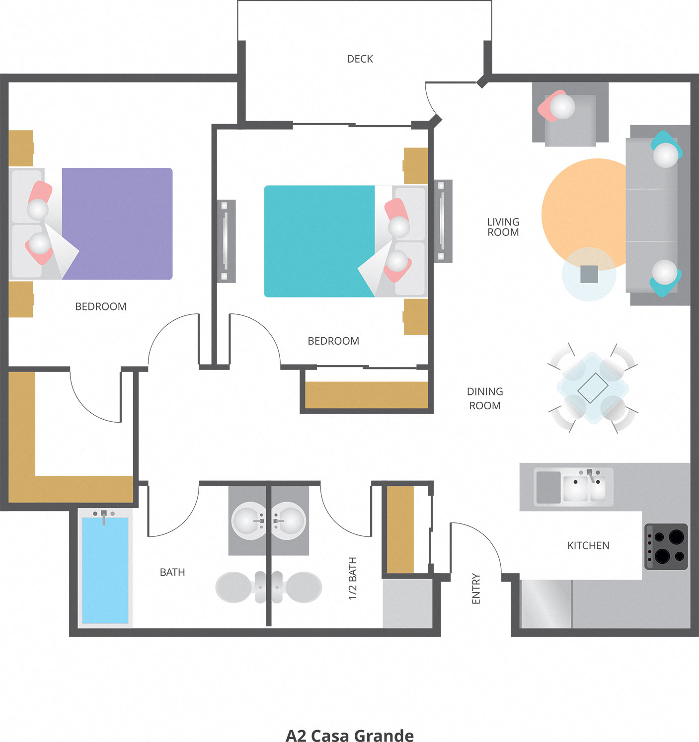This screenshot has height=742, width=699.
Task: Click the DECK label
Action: coord(360,59)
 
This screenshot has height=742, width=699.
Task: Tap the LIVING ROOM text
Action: coord(503,227)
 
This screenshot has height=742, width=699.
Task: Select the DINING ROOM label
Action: coord(485,398)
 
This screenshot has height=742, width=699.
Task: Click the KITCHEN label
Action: coord(588,545)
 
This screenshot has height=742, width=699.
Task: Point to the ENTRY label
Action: coord(476,589)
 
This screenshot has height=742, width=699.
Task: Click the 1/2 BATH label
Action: coord(353,578)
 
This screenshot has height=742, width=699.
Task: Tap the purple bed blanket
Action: coord(119,223)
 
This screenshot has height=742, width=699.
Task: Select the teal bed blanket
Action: coord(318,241)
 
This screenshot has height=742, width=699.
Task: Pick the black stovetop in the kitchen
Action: coord(666,546)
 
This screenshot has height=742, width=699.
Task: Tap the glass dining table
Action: coord(593,388)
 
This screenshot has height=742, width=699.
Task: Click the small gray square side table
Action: coord(589,274)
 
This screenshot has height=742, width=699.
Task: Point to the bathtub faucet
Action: coord(104,516)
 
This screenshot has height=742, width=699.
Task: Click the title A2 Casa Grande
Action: coord(350,735)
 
